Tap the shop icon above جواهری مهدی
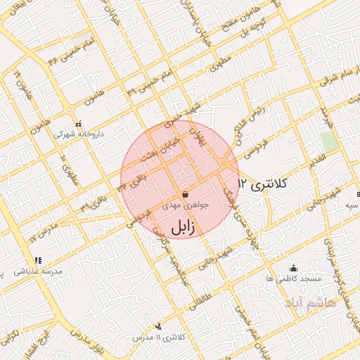click(x=184, y=193)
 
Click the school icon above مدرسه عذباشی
click(x=38, y=260)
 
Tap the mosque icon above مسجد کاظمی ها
click(x=293, y=268)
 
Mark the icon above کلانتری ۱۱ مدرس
click(x=158, y=326)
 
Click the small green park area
click(x=329, y=141)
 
